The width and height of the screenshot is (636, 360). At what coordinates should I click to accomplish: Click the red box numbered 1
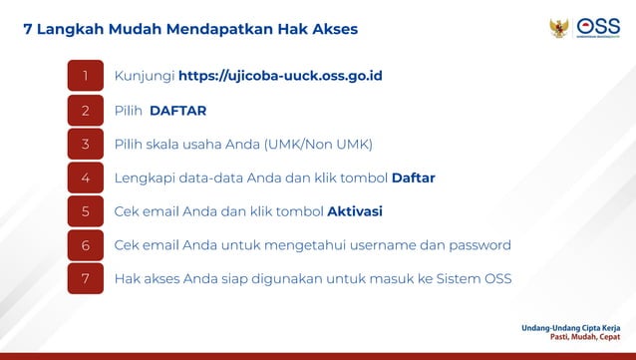(85, 76)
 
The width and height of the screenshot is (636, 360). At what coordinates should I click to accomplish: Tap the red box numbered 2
(85, 110)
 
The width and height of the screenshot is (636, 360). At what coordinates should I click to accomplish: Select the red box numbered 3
(85, 144)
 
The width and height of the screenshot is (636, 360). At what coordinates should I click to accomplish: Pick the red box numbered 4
(85, 178)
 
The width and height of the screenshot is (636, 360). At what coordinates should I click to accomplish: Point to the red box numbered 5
(85, 211)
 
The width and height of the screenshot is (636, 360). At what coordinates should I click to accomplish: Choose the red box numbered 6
(85, 245)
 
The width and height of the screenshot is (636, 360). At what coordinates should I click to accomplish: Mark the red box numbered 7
(85, 278)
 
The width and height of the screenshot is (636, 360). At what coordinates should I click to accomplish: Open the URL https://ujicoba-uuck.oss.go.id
(280, 76)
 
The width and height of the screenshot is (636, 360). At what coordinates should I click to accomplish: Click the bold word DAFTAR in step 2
(177, 110)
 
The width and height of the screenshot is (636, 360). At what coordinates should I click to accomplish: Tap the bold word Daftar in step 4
(413, 178)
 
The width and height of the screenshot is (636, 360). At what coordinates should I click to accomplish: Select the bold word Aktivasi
(355, 211)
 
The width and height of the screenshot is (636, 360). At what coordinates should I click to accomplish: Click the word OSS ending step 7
(495, 278)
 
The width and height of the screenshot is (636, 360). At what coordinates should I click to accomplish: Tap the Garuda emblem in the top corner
(558, 28)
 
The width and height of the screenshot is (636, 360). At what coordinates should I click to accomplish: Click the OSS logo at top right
(598, 28)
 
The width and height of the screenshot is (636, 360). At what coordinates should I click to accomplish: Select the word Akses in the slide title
(332, 30)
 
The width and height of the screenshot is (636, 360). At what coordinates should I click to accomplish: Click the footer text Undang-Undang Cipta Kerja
(570, 326)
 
